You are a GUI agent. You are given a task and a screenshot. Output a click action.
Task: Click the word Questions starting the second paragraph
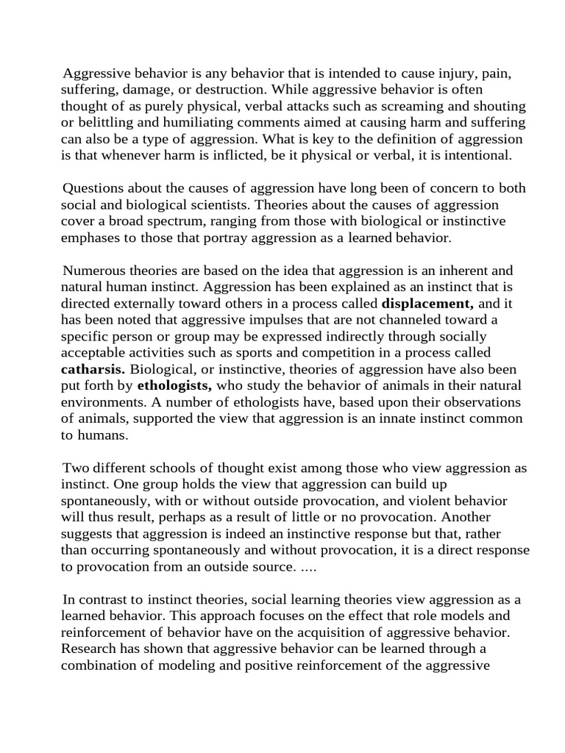[96, 188]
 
